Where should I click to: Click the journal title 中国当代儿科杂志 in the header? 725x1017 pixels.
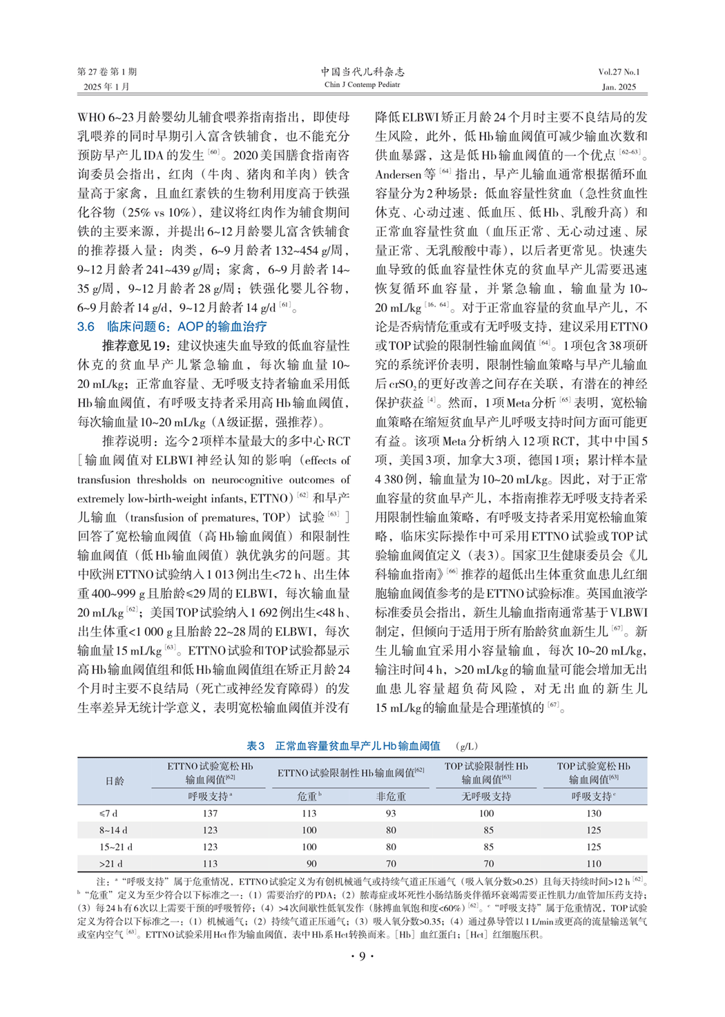pos(362,72)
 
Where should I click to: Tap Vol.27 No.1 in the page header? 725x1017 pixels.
pos(619,72)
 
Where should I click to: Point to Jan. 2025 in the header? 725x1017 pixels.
pos(619,87)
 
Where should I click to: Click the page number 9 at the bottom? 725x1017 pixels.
pos(362,956)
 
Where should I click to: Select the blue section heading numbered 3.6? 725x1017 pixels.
pos(172,327)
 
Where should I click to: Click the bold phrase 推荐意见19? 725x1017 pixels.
pos(135,346)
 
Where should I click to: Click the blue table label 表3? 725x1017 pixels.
pos(255,746)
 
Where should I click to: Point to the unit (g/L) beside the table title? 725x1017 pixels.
pos(467,746)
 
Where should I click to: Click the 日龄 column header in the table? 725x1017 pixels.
pos(115,781)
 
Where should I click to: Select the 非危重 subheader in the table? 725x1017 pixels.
pos(391,796)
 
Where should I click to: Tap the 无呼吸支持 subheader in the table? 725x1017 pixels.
pos(486,796)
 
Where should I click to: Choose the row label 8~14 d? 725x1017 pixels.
pos(113,830)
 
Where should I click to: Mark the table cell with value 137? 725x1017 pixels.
pos(210,813)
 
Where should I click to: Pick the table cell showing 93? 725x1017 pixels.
pos(391,813)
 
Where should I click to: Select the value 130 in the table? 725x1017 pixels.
pos(594,813)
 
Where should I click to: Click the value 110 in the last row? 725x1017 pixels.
pos(594,863)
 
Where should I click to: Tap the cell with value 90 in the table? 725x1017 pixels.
pos(311,863)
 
